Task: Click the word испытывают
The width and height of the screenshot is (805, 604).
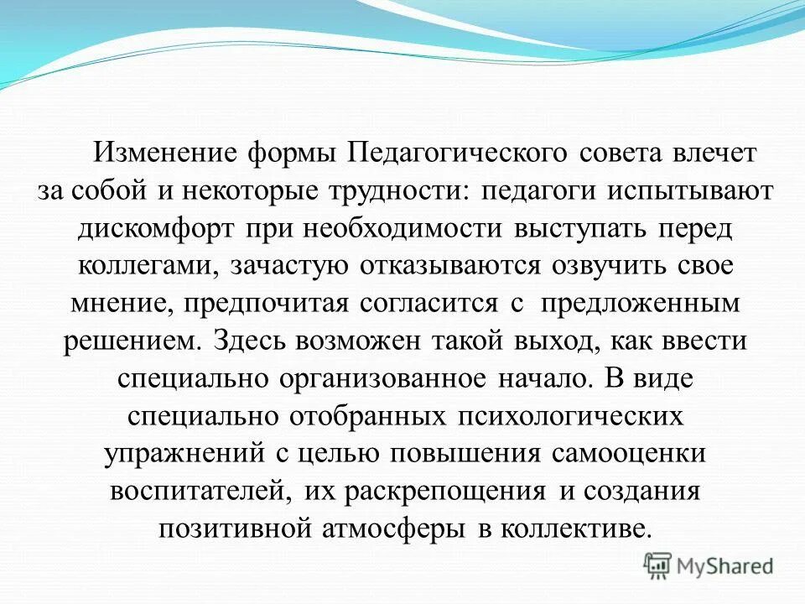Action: [x=688, y=190]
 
